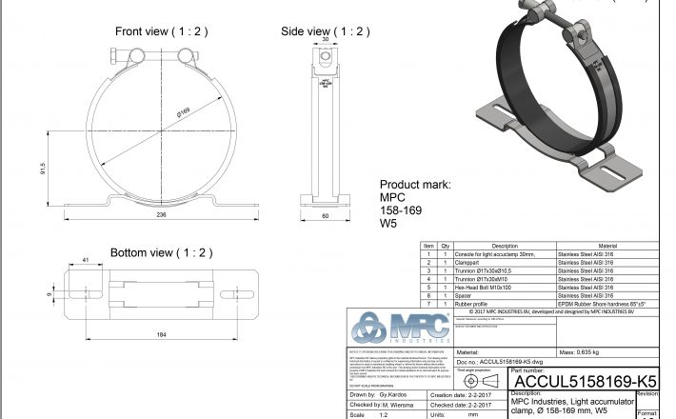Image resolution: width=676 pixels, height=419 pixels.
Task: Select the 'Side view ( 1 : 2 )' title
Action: (325, 31)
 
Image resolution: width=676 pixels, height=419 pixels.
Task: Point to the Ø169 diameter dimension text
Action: (183, 113)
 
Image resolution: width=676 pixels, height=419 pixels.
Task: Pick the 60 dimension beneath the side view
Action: (325, 216)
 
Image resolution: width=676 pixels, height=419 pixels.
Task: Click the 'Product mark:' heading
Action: (415, 185)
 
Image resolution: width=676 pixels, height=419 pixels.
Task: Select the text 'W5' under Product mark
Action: (388, 225)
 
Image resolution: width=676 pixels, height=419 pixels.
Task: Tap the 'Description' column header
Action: (504, 246)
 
